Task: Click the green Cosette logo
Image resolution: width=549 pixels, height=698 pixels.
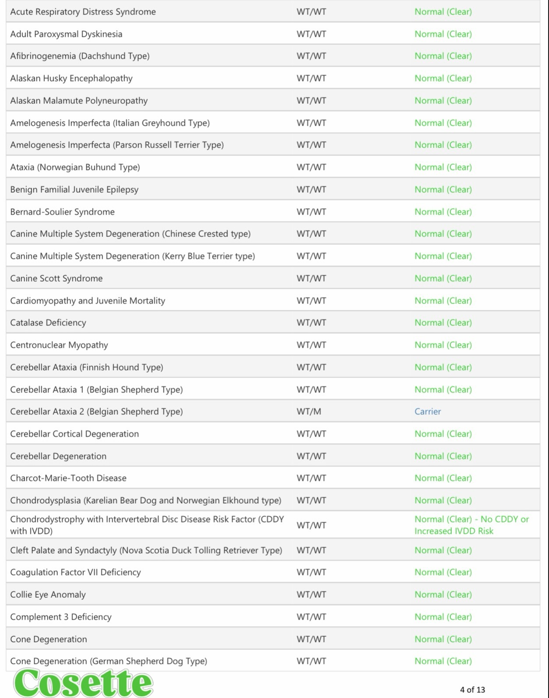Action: (83, 682)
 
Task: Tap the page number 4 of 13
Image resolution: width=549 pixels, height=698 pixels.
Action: (472, 690)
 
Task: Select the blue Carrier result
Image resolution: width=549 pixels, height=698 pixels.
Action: (427, 411)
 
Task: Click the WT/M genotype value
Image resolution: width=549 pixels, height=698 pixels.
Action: (309, 411)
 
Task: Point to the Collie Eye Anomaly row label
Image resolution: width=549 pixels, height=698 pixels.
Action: (48, 594)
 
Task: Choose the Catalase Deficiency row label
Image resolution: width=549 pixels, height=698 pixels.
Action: (48, 323)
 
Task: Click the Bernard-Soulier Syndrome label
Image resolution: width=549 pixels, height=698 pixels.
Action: (62, 212)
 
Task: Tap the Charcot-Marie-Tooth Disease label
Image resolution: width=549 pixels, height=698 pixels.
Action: (68, 478)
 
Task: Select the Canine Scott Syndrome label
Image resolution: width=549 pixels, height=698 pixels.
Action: (56, 278)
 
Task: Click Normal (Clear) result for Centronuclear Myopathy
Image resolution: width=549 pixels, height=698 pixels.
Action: (443, 345)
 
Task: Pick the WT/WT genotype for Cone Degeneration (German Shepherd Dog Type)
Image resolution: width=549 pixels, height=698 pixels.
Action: (311, 661)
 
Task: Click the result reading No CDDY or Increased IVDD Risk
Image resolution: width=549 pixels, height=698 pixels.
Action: (471, 525)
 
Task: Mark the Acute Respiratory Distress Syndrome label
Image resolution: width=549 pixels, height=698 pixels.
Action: (83, 12)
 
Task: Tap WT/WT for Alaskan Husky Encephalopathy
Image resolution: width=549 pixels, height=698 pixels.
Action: (311, 78)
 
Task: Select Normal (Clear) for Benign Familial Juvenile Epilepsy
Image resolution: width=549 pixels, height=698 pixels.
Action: (443, 189)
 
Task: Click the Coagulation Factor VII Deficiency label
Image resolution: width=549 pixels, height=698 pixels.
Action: (75, 572)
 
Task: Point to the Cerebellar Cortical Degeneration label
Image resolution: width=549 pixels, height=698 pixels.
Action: (74, 434)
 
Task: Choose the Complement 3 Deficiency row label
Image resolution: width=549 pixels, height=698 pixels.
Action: (61, 617)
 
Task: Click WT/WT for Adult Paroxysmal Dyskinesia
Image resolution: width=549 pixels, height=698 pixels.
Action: (311, 34)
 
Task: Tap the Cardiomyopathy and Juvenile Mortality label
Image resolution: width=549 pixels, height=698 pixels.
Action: (88, 301)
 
